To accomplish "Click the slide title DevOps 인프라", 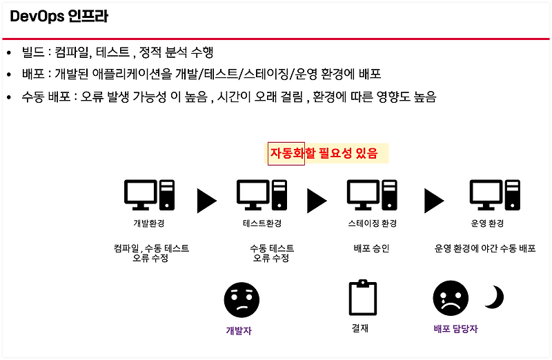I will point(59,17).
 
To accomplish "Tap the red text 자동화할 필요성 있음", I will point(324,153).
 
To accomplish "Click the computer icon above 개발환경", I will point(149,195).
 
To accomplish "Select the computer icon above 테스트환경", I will point(262,195).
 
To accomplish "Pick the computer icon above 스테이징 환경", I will point(372,195).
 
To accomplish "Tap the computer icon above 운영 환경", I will point(495,195).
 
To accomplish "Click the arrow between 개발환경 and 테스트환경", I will point(206,200).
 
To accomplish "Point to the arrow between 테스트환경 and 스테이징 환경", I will point(317,200).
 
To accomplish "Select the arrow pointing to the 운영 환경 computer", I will point(434,200).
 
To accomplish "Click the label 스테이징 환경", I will point(373,224).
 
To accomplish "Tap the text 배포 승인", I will point(372,248).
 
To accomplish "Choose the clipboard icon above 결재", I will point(363,298).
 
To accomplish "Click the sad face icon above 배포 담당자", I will point(451,299).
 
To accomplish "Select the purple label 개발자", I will point(239,330).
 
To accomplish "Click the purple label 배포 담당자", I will point(455,329).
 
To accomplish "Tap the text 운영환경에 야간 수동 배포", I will point(484,248).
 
